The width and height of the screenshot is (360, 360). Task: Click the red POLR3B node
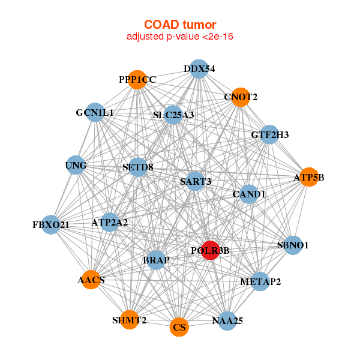pyautogui.click(x=209, y=250)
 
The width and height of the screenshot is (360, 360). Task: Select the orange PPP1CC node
pyautogui.click(x=137, y=80)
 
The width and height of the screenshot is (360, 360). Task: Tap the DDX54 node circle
pyautogui.click(x=199, y=69)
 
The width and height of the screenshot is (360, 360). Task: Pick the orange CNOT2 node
pyautogui.click(x=241, y=97)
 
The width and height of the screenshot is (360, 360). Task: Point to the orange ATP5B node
pyautogui.click(x=308, y=177)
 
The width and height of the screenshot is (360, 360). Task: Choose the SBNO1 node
pyautogui.click(x=292, y=245)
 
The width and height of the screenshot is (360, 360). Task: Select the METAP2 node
pyautogui.click(x=260, y=281)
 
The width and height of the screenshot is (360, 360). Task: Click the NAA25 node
pyautogui.click(x=227, y=321)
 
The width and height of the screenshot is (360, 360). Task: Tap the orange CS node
pyautogui.click(x=179, y=327)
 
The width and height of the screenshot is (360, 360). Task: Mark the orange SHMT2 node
pyautogui.click(x=129, y=320)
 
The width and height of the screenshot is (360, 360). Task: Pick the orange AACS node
pyautogui.click(x=91, y=280)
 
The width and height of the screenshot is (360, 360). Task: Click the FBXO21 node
pyautogui.click(x=51, y=225)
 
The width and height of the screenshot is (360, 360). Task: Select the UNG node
pyautogui.click(x=76, y=165)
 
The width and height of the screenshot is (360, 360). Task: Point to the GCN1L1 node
pyautogui.click(x=95, y=112)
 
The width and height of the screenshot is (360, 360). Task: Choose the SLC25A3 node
pyautogui.click(x=173, y=115)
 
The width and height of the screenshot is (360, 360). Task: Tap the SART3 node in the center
pyautogui.click(x=196, y=181)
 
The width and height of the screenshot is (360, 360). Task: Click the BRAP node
pyautogui.click(x=156, y=260)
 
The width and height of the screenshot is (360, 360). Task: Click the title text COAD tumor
pyautogui.click(x=179, y=25)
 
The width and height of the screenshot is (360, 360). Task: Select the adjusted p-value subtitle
pyautogui.click(x=179, y=37)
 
